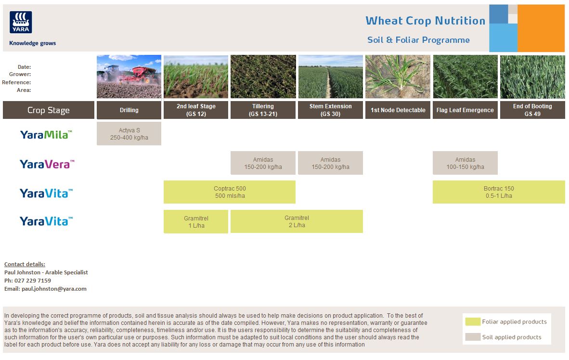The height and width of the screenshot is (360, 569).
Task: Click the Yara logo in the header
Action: tap(21, 23)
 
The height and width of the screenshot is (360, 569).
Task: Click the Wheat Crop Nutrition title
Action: tap(425, 21)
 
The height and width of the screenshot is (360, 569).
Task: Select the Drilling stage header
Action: tap(129, 110)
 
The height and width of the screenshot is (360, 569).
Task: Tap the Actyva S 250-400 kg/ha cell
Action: tap(129, 134)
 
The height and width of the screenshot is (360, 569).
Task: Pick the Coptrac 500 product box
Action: tap(230, 192)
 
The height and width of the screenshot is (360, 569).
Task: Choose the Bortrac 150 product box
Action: tap(499, 192)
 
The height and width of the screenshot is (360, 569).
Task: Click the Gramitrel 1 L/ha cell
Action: tap(196, 221)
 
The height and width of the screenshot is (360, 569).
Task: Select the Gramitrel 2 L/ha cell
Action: tap(297, 221)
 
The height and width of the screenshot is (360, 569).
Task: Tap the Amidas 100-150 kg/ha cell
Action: tap(465, 163)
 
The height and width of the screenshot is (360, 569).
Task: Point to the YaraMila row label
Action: tap(46, 135)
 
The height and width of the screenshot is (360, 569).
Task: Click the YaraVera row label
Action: tap(47, 164)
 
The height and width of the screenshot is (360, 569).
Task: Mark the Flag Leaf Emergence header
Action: tap(465, 110)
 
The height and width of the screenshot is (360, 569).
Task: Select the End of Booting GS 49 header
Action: tap(532, 110)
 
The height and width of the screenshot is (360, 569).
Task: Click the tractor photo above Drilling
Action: tap(129, 77)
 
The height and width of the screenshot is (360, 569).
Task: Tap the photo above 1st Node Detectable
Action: tap(398, 77)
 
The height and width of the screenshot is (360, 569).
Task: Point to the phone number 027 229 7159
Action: tap(34, 281)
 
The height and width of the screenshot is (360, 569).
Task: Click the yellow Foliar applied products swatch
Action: tap(473, 321)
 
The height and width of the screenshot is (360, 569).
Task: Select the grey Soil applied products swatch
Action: tap(473, 337)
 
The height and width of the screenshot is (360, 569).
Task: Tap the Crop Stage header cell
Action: tap(49, 110)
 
